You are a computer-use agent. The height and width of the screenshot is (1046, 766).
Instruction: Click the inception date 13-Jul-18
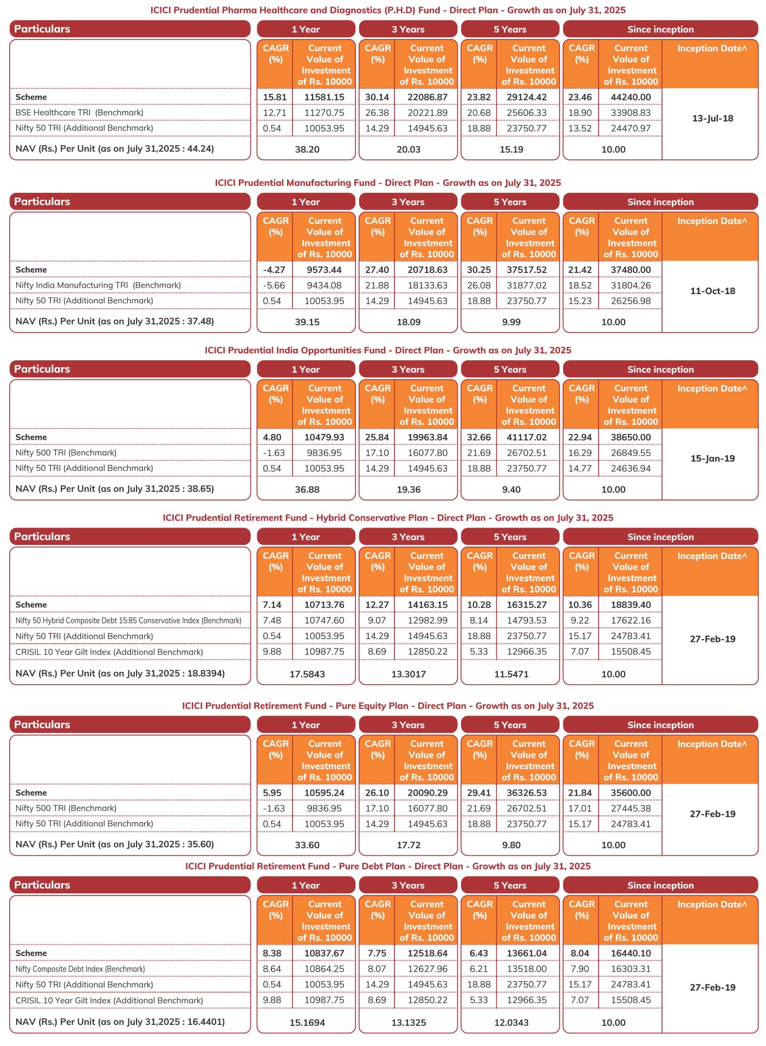click(x=712, y=119)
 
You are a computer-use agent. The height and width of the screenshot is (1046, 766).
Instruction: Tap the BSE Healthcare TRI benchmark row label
click(x=80, y=113)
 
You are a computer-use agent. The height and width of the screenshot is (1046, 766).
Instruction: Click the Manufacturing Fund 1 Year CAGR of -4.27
click(x=275, y=270)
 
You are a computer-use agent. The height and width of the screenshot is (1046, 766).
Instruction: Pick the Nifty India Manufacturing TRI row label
click(x=98, y=285)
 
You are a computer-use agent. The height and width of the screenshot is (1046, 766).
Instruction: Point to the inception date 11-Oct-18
click(x=712, y=291)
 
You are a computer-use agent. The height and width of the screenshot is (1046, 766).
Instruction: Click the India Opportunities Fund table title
click(x=388, y=350)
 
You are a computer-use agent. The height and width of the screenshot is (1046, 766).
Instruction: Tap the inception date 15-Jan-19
click(x=712, y=458)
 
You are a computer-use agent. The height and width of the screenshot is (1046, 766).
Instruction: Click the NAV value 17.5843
click(x=307, y=674)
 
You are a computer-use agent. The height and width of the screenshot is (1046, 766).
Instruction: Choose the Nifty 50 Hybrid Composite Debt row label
click(x=128, y=621)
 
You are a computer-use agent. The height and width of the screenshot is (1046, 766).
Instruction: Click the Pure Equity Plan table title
click(x=388, y=706)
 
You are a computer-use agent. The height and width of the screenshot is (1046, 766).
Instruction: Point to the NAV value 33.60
click(x=307, y=845)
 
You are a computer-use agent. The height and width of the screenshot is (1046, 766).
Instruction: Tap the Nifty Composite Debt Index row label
click(x=80, y=969)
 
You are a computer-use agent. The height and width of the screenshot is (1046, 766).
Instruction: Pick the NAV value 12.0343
click(x=511, y=1023)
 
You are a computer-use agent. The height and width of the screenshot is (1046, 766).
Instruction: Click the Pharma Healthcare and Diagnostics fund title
click(x=388, y=10)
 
